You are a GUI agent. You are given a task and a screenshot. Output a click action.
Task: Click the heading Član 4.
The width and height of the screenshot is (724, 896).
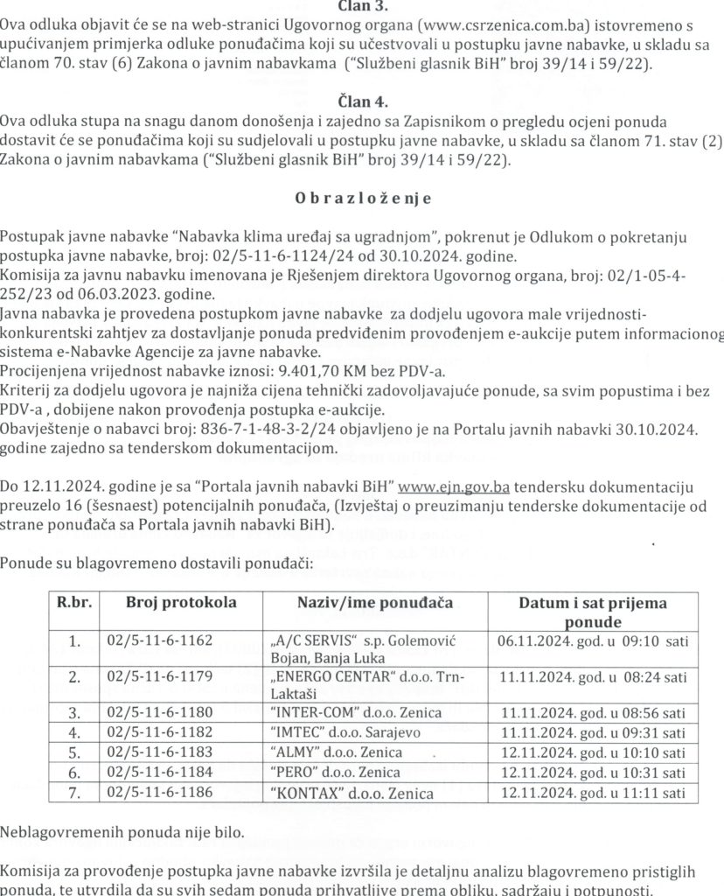pos(361,101)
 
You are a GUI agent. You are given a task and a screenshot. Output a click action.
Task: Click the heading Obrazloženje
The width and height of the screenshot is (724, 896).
pos(362,198)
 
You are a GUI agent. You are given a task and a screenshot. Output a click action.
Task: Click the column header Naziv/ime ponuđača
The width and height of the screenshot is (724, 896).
pos(373,603)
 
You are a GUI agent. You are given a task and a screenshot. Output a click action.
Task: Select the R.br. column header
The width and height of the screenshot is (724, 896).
pos(75,603)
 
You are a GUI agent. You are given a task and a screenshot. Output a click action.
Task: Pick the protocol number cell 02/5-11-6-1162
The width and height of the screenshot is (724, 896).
pos(159,640)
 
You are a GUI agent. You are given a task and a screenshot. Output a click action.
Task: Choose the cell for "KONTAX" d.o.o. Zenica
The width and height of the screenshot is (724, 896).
pos(348,794)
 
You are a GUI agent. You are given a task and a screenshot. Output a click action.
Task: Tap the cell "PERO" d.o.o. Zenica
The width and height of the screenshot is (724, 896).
pos(331,773)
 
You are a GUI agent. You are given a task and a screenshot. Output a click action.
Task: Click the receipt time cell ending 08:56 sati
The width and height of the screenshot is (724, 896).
pos(593,711)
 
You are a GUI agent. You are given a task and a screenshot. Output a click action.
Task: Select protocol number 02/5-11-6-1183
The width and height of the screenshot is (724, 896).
pos(159,752)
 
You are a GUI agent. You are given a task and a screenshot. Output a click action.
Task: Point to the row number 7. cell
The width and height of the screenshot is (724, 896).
pos(75,794)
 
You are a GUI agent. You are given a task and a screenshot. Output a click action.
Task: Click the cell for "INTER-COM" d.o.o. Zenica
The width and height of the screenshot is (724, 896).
pos(352,711)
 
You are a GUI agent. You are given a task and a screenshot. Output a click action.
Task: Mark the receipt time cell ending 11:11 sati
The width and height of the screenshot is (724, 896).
pos(593,794)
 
